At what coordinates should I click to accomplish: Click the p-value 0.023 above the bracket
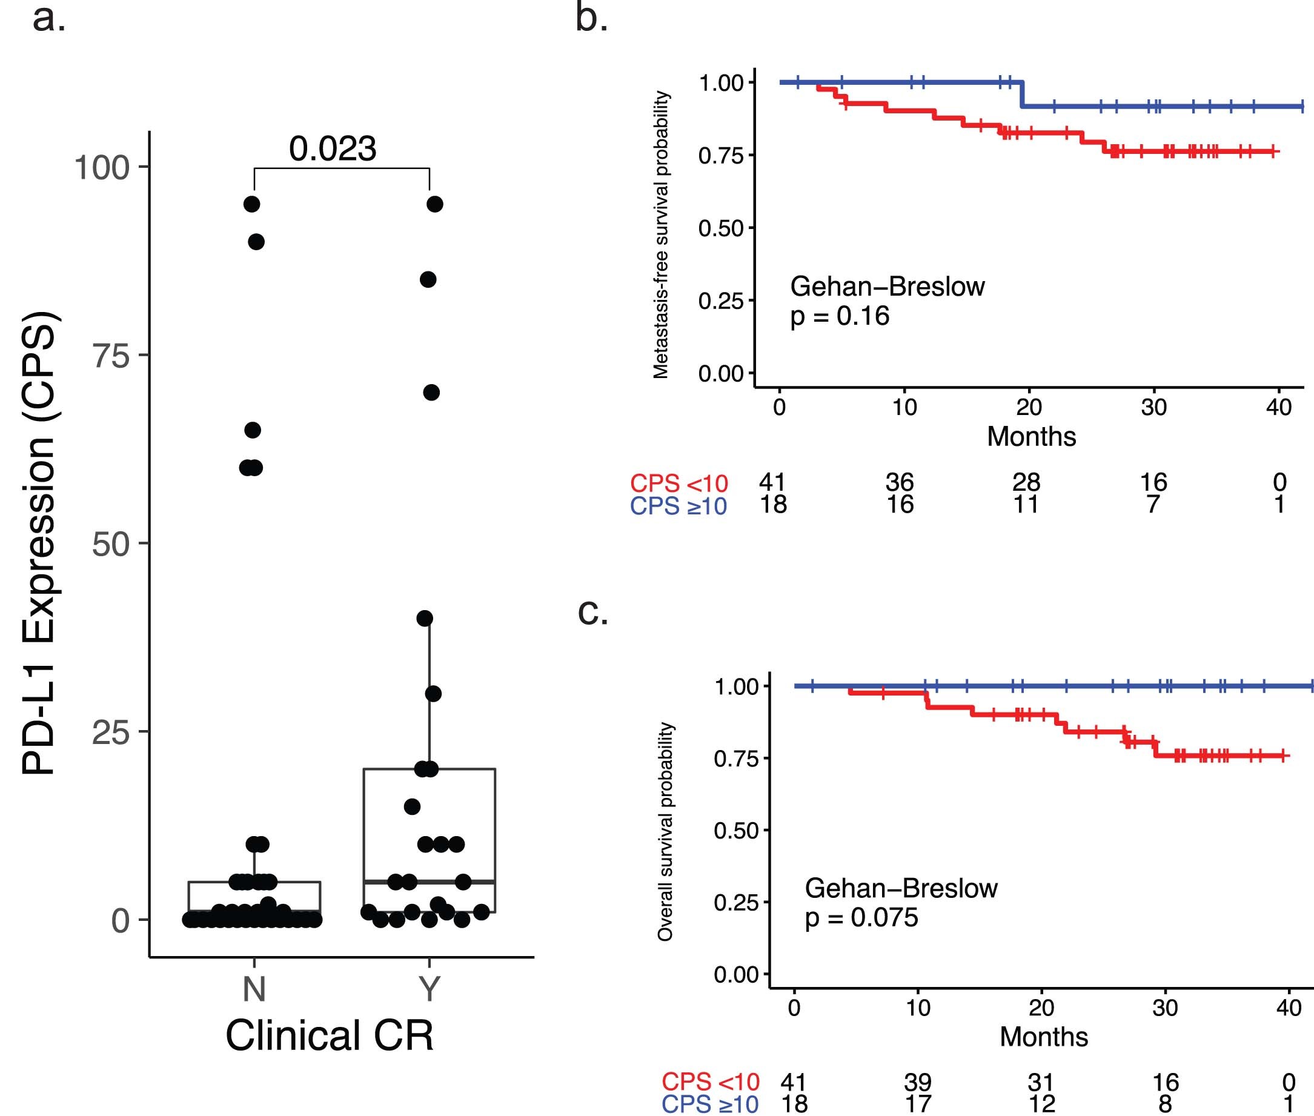(333, 149)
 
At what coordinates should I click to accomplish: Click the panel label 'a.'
(48, 19)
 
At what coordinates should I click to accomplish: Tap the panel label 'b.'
(591, 19)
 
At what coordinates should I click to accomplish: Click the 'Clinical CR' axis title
(330, 1035)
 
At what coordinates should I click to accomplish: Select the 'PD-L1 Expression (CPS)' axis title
(39, 544)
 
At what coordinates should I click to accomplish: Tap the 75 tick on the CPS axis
(111, 356)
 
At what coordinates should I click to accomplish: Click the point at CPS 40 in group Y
(425, 618)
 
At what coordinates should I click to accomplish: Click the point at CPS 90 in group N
(256, 242)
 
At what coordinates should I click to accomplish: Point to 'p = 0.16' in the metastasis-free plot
(840, 316)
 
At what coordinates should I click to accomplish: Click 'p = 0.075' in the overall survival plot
(861, 917)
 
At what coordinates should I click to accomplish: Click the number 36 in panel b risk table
(899, 483)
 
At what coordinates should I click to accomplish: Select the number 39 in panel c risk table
(917, 1083)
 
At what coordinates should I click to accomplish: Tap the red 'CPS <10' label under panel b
(679, 484)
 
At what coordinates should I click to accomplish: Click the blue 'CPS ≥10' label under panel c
(710, 1104)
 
